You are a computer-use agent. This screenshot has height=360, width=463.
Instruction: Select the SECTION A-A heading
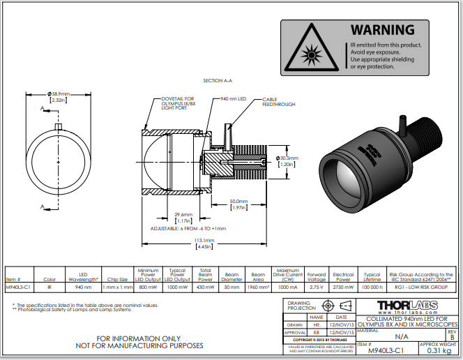pyautogui.click(x=218, y=81)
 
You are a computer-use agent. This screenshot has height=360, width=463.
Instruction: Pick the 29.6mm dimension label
pyautogui.click(x=183, y=214)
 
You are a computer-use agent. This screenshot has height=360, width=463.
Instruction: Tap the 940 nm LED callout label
pyautogui.click(x=233, y=99)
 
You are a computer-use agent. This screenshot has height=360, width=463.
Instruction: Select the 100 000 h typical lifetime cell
pyautogui.click(x=372, y=287)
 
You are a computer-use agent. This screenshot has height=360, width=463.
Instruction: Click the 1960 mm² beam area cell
pyautogui.click(x=258, y=287)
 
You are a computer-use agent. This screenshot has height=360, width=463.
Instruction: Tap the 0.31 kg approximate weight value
pyautogui.click(x=437, y=352)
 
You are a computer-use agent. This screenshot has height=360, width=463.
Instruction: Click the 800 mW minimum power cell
pyautogui.click(x=148, y=287)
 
